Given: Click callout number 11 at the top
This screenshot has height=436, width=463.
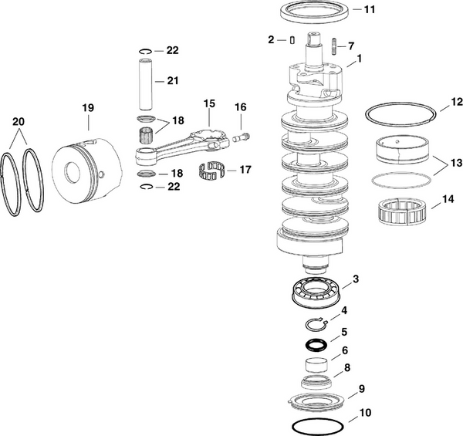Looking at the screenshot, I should point(370,10).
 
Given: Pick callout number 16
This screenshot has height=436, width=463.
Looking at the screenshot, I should point(240,106).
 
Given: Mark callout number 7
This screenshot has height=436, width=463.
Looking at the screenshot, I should point(352,46).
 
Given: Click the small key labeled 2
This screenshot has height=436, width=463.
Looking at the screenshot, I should point(293,39).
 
